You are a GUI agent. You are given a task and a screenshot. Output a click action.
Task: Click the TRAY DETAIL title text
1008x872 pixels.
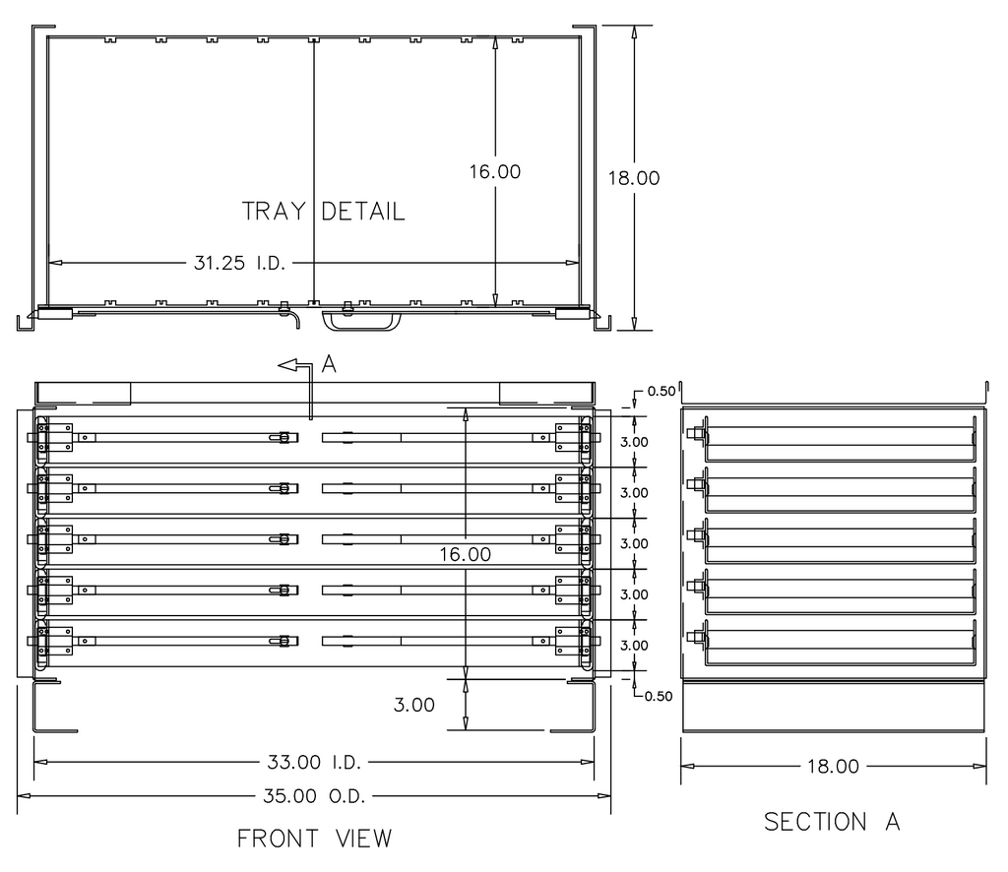click(323, 212)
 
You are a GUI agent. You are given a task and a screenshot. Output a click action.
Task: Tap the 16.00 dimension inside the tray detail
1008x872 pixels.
click(494, 171)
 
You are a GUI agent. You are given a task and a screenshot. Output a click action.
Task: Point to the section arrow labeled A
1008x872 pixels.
click(295, 366)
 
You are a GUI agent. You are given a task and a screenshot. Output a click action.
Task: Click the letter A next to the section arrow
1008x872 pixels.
click(330, 365)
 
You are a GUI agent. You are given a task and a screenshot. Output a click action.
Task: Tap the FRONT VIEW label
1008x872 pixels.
click(314, 839)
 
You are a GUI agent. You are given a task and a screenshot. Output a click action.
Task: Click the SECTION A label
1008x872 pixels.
click(832, 822)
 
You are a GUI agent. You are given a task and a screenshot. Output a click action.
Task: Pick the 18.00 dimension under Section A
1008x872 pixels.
click(833, 767)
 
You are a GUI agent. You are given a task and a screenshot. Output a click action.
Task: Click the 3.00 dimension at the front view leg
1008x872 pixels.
click(413, 705)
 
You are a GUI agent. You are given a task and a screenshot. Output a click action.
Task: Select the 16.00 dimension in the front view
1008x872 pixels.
click(466, 554)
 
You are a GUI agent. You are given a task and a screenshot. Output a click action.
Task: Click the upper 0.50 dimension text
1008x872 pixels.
click(660, 391)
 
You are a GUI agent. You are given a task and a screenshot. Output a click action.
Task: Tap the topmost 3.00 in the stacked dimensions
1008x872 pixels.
click(634, 441)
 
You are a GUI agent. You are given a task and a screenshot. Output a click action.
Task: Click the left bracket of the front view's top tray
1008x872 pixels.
click(55, 437)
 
